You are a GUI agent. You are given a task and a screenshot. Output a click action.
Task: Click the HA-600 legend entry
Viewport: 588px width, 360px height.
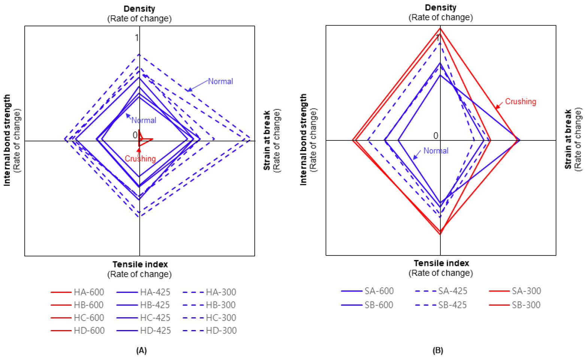[x=88, y=292]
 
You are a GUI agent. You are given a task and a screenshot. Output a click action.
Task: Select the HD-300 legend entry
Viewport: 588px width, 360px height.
[x=221, y=330]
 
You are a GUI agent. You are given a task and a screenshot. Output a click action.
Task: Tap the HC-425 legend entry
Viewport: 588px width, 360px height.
[x=155, y=318]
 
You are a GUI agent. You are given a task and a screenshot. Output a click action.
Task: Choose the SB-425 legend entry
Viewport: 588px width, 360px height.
[x=452, y=305]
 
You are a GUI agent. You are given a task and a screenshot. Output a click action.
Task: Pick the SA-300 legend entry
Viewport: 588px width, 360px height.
[x=526, y=291]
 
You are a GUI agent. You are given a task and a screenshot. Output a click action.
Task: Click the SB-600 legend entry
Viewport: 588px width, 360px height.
[x=379, y=305]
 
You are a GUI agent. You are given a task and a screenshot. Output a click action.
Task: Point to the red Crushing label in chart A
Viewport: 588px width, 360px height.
[x=140, y=159]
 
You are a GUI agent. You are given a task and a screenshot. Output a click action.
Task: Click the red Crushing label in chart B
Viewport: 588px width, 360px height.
[x=520, y=102]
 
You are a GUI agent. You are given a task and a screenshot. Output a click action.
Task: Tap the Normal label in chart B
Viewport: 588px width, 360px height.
[x=436, y=151]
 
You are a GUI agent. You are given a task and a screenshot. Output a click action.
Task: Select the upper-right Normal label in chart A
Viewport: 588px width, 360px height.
[x=220, y=81]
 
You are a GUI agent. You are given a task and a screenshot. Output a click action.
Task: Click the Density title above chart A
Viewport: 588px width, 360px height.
[x=139, y=9]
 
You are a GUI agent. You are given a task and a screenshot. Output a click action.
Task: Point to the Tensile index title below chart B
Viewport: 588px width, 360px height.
[x=441, y=263]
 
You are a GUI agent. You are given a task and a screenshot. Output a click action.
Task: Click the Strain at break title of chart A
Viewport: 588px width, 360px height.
[x=267, y=140]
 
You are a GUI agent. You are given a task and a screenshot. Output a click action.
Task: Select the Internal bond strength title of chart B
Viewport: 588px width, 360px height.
[x=303, y=139]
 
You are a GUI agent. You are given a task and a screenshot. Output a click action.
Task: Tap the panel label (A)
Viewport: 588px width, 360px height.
[x=141, y=350]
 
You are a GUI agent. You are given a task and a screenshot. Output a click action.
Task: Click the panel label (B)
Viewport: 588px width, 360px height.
[x=437, y=350]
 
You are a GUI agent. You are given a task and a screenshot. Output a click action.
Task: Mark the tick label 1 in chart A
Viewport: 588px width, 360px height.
[x=137, y=37]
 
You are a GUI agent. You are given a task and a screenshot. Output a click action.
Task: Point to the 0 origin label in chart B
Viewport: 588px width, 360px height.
[x=436, y=135]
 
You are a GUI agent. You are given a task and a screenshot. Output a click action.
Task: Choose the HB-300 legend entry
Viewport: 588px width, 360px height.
[x=221, y=305]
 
